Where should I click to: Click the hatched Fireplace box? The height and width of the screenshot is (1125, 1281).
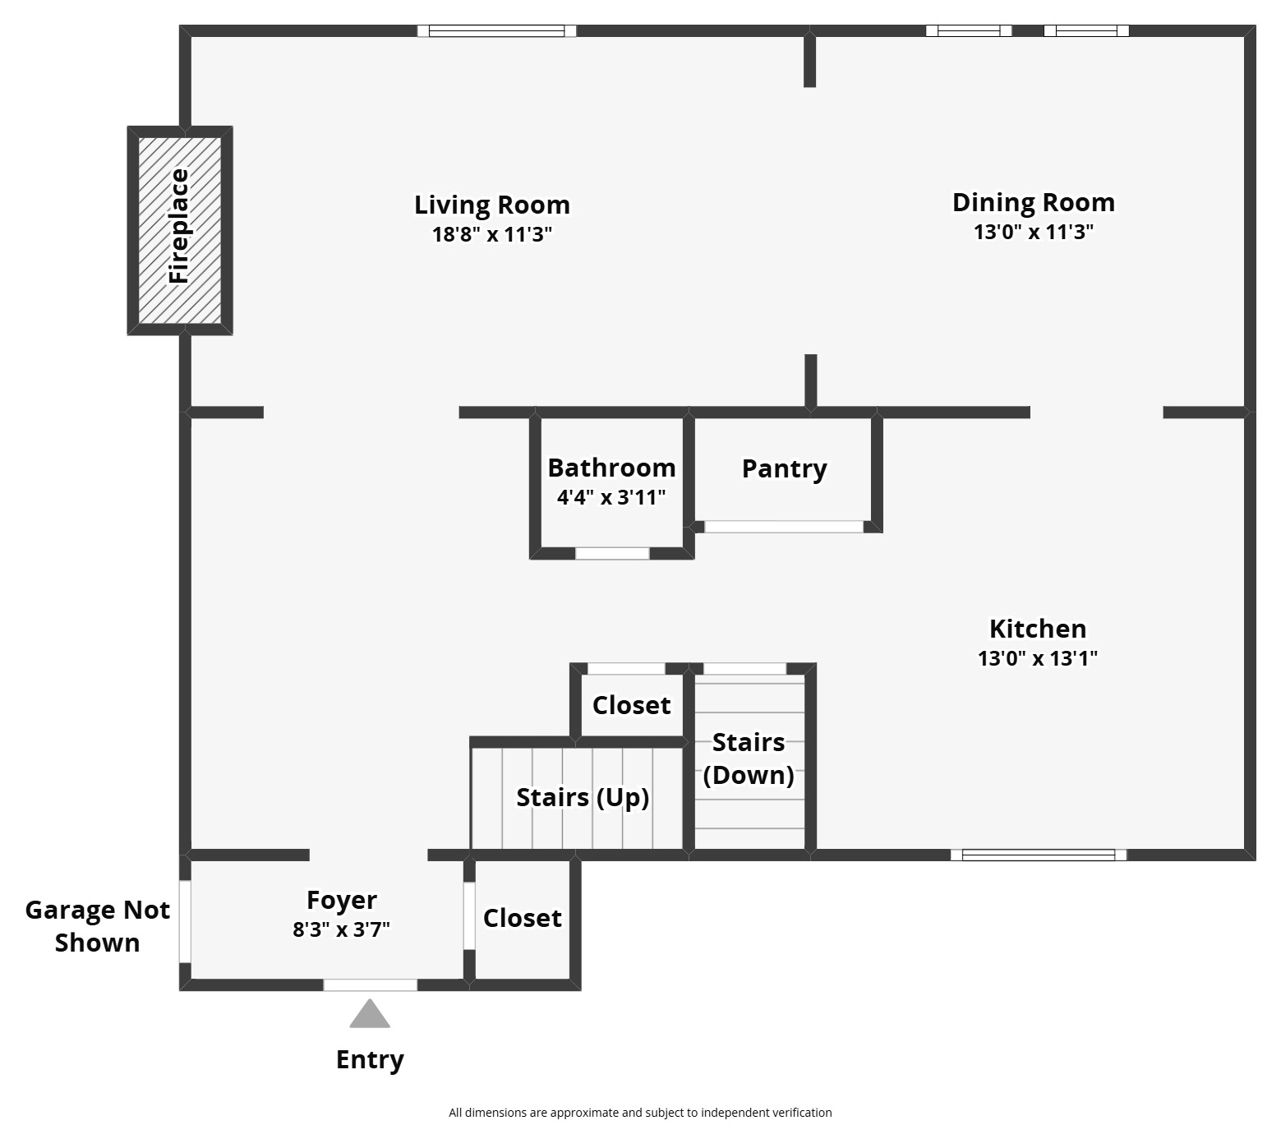click(x=180, y=230)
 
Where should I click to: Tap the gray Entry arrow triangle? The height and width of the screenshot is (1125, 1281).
click(x=370, y=1016)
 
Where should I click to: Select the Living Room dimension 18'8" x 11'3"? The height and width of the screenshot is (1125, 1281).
click(x=491, y=235)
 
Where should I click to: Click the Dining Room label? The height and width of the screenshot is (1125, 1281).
click(x=1033, y=202)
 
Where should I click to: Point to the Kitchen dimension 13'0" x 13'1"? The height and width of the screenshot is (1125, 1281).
click(x=1037, y=658)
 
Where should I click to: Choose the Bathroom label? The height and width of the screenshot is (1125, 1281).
click(x=611, y=468)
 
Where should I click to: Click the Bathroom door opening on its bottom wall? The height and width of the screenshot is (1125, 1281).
click(x=612, y=554)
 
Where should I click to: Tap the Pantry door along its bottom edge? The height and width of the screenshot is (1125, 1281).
click(x=784, y=527)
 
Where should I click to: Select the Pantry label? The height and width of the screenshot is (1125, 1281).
click(x=784, y=468)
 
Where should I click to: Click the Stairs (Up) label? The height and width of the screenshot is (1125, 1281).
click(x=583, y=797)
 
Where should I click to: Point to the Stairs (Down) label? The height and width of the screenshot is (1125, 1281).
click(x=749, y=758)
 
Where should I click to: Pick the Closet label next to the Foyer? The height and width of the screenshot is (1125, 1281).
click(x=522, y=918)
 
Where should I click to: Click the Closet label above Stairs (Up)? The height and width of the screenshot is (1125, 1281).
click(x=631, y=705)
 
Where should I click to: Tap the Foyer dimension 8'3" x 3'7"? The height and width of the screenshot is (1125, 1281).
click(x=341, y=929)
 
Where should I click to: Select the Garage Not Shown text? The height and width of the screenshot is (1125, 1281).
click(x=97, y=926)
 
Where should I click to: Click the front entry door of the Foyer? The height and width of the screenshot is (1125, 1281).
click(x=370, y=984)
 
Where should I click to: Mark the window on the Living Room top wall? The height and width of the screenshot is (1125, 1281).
click(x=496, y=31)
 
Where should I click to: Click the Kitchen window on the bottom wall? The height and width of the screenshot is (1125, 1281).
click(x=1039, y=855)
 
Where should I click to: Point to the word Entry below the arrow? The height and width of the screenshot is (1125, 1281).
click(x=370, y=1060)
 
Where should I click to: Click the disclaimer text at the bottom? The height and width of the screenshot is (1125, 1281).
click(x=640, y=1113)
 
